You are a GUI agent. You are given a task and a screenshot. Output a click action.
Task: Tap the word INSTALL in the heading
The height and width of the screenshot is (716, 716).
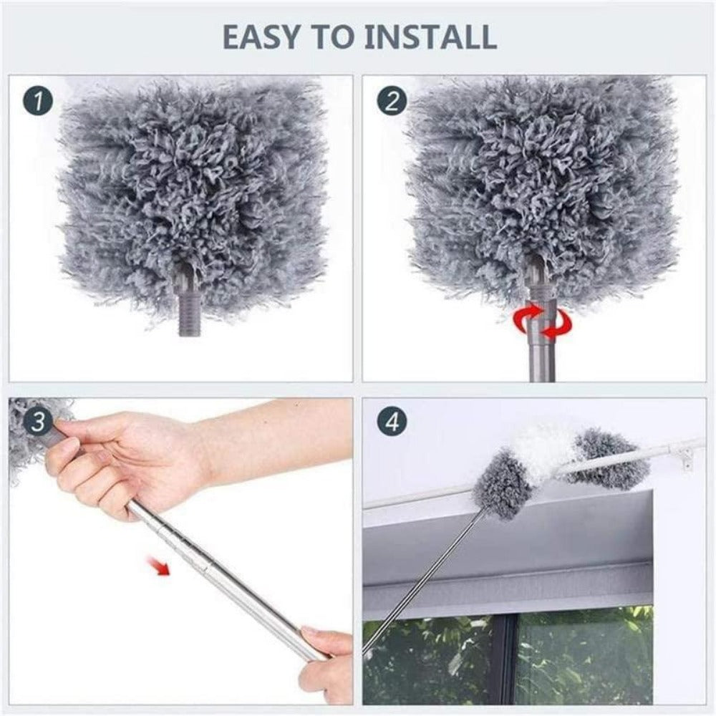(x=430, y=37)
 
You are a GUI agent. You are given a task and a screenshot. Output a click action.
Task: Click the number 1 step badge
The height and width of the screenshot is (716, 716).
(x=39, y=102)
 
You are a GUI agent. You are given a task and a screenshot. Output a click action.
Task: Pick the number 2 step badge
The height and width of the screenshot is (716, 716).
(x=392, y=102)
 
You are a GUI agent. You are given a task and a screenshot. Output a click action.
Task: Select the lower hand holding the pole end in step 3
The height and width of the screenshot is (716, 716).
(x=326, y=655)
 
